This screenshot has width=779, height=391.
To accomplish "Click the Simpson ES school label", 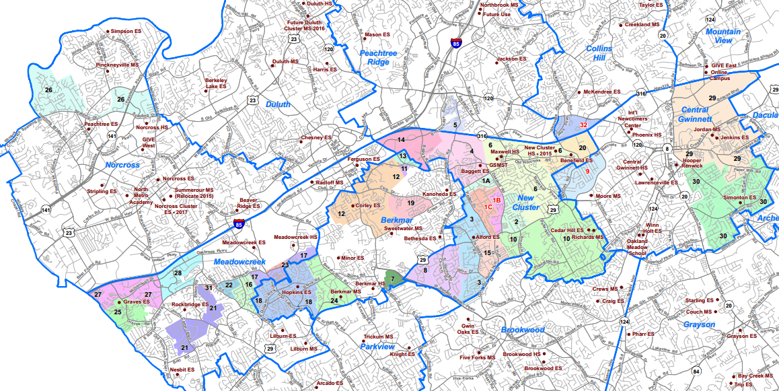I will [x=125, y=31].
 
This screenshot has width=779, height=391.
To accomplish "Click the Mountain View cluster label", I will [x=723, y=36].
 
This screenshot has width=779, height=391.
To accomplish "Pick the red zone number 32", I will [x=584, y=125].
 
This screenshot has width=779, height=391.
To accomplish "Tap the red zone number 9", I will [x=587, y=172].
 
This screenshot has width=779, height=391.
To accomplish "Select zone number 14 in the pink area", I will [x=401, y=139].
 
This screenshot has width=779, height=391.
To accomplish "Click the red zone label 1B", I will [x=498, y=201].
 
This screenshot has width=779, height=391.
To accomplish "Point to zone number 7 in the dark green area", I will [x=392, y=279].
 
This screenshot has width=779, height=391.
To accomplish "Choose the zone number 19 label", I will [x=410, y=203].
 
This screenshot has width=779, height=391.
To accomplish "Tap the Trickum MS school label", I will [x=378, y=336].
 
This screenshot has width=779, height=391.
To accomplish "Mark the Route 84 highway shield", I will [x=696, y=371].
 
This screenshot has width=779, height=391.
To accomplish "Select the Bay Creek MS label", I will [x=755, y=376].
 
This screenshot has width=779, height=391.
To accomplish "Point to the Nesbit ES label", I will [x=182, y=369].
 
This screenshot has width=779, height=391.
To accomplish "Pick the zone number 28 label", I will [x=178, y=273].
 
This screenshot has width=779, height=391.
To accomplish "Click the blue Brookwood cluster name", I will [x=522, y=330].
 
